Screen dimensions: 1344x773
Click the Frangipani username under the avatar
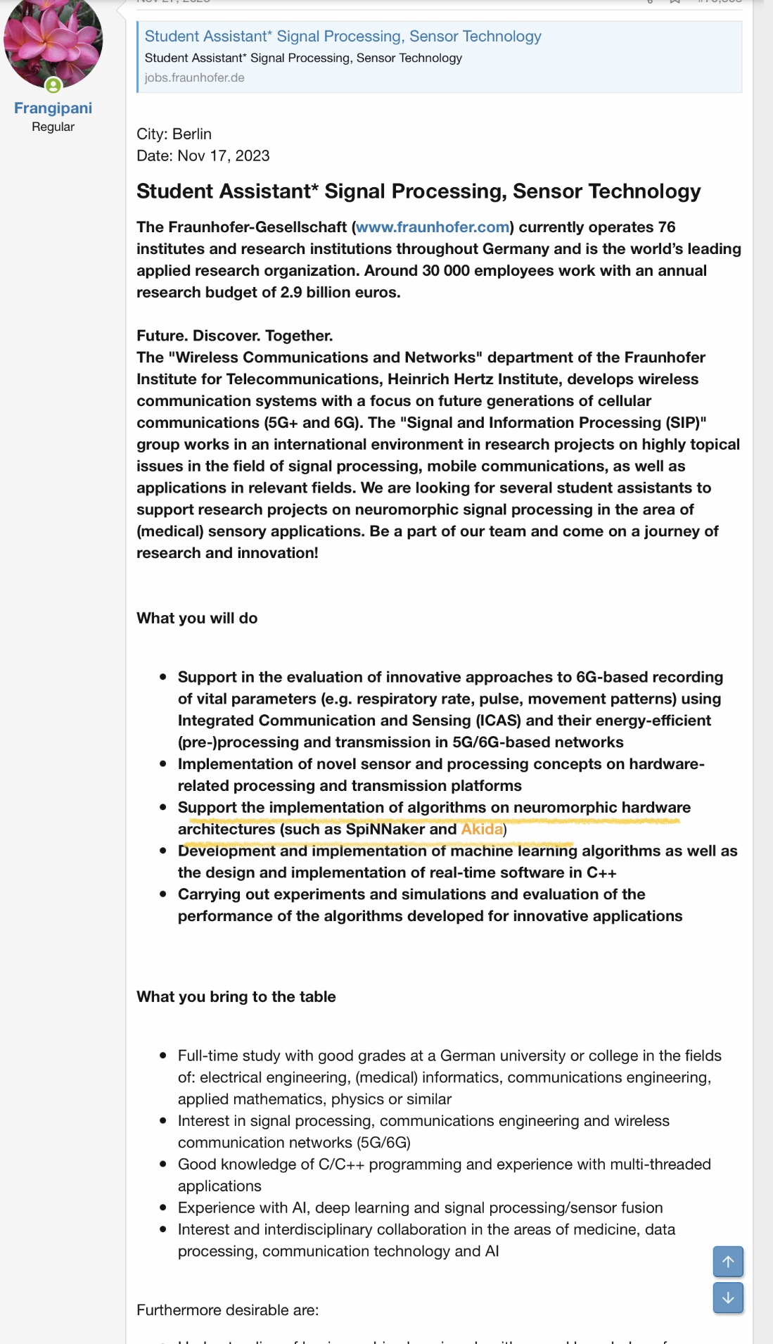(x=53, y=108)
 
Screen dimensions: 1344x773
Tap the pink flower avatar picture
(x=53, y=40)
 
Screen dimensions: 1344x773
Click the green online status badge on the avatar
(x=53, y=86)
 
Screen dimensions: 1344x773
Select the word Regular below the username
(x=53, y=127)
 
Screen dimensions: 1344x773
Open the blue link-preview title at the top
(x=343, y=36)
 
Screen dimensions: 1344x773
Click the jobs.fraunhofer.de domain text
(x=194, y=77)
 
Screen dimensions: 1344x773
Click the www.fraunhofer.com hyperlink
(x=433, y=227)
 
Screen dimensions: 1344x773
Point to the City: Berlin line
(x=174, y=134)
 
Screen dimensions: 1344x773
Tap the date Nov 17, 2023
(x=223, y=156)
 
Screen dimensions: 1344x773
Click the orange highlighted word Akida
(x=482, y=829)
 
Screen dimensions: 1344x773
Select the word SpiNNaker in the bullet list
(x=385, y=829)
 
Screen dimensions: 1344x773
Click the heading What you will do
(x=197, y=618)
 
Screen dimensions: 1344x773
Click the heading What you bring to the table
(x=236, y=996)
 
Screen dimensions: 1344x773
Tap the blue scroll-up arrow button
(x=728, y=1261)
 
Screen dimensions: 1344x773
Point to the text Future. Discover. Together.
(x=234, y=336)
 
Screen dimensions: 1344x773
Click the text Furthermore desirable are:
(x=227, y=1310)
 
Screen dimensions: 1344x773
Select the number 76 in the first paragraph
(x=666, y=227)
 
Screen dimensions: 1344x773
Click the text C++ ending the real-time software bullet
(x=601, y=873)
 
